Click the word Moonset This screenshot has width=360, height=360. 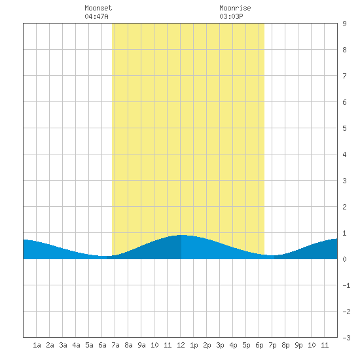98,8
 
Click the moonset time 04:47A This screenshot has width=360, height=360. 96,16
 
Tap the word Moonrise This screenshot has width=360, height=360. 235,8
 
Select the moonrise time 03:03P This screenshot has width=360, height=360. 231,16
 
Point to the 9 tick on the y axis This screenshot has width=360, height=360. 344,24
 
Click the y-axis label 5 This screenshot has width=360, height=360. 344,128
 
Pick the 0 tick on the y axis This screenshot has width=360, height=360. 344,259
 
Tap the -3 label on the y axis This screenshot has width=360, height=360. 346,338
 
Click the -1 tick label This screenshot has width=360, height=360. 346,285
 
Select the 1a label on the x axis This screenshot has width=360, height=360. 37,345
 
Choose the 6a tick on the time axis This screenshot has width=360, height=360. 102,345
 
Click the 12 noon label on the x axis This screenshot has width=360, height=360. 181,345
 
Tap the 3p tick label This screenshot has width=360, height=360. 220,345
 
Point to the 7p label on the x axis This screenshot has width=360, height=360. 272,345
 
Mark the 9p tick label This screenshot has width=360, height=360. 298,345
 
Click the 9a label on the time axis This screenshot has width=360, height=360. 141,345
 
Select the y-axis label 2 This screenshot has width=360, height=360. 344,207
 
